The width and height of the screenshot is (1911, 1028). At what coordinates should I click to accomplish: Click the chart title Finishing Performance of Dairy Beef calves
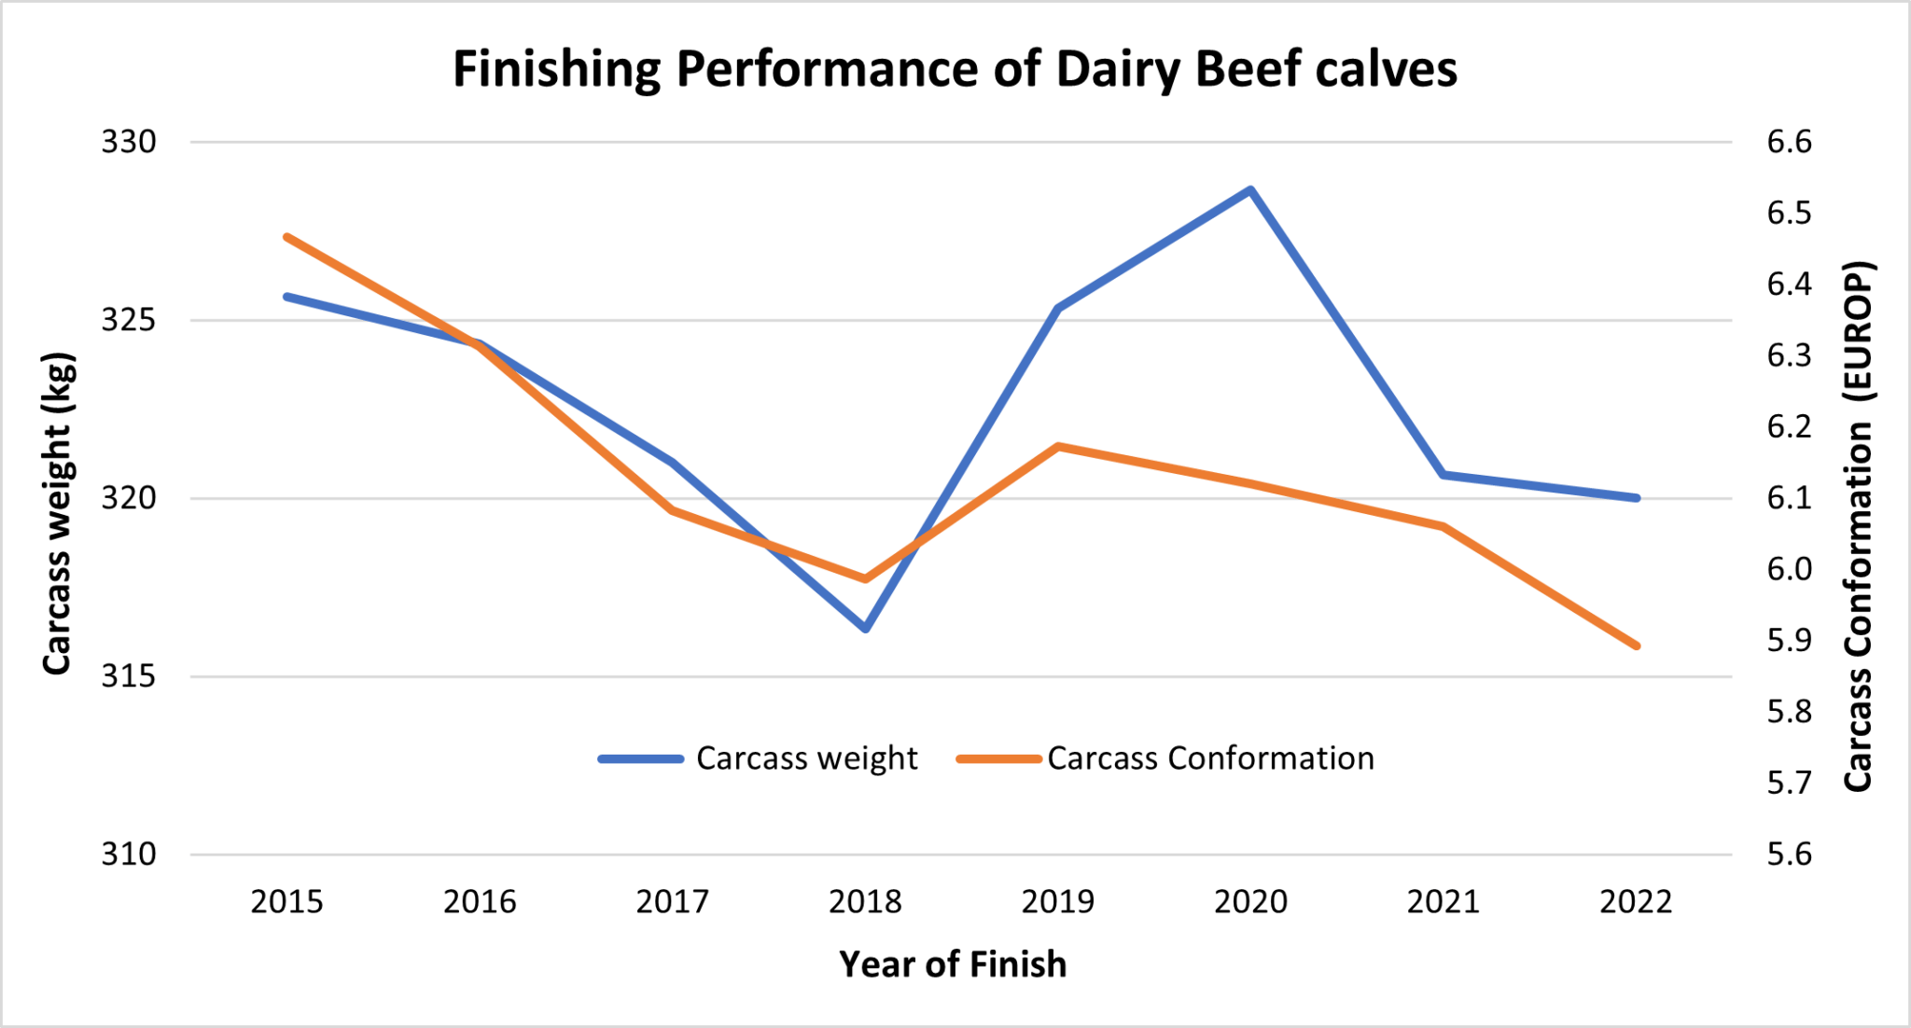[954, 69]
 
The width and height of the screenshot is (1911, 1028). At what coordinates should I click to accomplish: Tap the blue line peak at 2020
[1250, 189]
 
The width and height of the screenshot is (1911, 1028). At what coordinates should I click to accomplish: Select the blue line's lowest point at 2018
[865, 629]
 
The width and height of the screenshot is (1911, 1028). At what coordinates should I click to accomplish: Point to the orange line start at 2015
[287, 237]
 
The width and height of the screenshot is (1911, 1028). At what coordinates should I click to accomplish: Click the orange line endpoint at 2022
[1636, 646]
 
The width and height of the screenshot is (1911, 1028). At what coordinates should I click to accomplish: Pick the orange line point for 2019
[1058, 446]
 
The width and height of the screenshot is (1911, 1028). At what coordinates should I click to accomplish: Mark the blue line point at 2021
[1444, 475]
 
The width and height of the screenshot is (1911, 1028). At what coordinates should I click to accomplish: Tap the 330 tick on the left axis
[129, 143]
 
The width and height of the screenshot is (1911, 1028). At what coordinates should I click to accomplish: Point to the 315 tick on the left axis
[129, 676]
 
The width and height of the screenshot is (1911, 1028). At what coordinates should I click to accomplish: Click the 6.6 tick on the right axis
[1789, 143]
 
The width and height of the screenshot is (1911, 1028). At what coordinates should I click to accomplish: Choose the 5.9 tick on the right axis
[1789, 641]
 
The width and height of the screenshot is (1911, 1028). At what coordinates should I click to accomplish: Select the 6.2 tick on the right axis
[1789, 427]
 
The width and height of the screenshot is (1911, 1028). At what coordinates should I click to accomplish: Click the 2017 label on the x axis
[672, 902]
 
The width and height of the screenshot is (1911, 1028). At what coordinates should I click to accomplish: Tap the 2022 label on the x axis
[1636, 902]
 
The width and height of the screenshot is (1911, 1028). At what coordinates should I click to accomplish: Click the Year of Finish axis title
[952, 965]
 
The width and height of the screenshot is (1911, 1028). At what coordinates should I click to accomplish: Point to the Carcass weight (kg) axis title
[58, 513]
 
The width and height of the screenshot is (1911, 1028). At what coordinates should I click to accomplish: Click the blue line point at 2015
[287, 297]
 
